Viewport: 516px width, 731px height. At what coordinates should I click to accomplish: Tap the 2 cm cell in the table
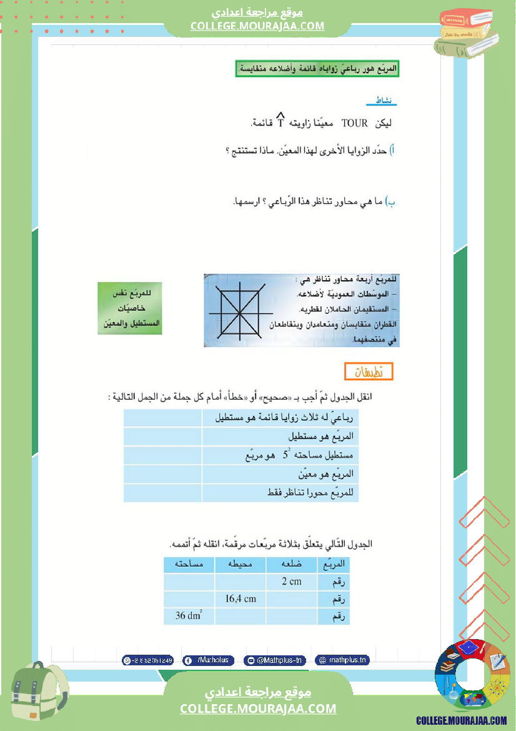(x=291, y=582)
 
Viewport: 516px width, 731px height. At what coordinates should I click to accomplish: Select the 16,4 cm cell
(x=241, y=598)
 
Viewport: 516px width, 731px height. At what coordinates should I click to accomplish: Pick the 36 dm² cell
(x=189, y=616)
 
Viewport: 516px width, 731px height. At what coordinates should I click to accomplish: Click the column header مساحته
(x=189, y=565)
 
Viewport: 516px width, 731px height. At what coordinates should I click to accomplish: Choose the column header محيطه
(x=241, y=565)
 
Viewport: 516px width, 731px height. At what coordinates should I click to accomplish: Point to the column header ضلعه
(x=291, y=565)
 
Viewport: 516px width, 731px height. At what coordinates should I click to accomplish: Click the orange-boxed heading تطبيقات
(x=369, y=371)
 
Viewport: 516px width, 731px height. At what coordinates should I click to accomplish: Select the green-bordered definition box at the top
(x=317, y=68)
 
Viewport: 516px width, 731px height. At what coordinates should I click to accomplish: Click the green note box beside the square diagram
(x=130, y=308)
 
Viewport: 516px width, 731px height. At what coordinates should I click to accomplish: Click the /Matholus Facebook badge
(x=209, y=660)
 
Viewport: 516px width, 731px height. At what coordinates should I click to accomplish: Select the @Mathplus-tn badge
(x=275, y=660)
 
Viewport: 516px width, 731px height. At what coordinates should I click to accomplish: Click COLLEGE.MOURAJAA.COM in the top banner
(x=257, y=26)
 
